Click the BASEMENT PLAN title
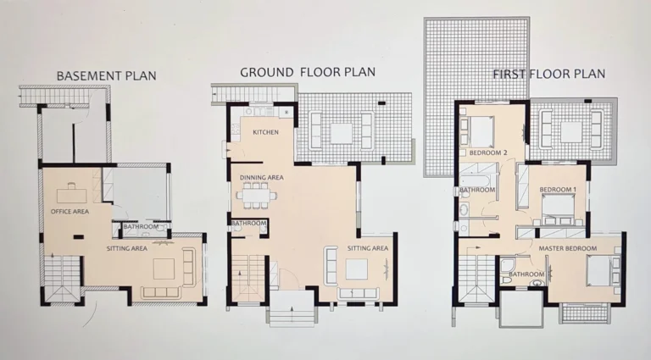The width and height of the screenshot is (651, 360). click(106, 76)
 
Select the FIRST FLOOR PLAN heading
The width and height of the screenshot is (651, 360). click(548, 74)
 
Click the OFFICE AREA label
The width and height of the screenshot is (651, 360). click(70, 211)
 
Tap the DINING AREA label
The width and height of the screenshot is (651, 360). click(261, 178)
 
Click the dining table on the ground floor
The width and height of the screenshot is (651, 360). click(257, 196)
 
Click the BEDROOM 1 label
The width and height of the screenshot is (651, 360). click(558, 189)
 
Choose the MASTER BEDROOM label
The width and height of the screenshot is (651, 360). click(568, 248)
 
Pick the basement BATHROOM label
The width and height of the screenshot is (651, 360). click(140, 227)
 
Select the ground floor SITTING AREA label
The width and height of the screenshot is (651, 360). click(368, 248)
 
